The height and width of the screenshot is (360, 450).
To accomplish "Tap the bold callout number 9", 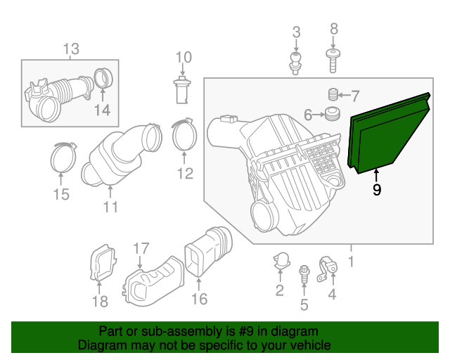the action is [377, 190].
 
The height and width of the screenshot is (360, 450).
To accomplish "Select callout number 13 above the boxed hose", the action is [71, 49].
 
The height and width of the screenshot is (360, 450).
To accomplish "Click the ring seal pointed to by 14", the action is [103, 78].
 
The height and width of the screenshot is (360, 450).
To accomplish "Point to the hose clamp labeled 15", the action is [63, 157].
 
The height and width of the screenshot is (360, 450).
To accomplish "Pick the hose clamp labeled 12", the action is [184, 134].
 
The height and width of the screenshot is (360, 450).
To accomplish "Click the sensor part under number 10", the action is [181, 89].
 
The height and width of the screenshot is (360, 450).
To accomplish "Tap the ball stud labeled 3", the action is [295, 63].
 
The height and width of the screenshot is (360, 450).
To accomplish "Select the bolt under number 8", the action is [333, 60].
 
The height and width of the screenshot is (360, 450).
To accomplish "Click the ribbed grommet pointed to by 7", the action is [333, 94].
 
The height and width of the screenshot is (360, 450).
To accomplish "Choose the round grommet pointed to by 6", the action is [333, 114].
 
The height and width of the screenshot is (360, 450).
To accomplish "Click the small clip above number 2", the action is [281, 261].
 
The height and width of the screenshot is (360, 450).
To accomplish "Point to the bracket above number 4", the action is [327, 269].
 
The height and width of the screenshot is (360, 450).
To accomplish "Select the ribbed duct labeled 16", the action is [208, 251].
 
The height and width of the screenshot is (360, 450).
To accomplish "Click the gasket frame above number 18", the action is [103, 262].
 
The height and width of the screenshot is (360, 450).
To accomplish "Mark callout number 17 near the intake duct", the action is [141, 249].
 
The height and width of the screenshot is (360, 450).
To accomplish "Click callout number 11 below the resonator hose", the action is [110, 207].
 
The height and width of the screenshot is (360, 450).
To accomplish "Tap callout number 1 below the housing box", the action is [351, 262].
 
